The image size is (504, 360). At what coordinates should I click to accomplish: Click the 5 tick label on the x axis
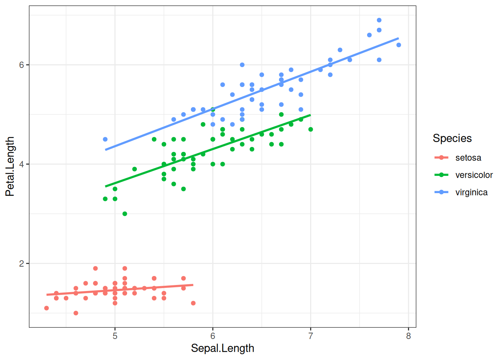click(115, 336)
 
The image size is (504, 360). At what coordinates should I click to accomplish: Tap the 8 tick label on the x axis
click(408, 336)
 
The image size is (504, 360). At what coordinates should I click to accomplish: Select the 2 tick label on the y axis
click(22, 264)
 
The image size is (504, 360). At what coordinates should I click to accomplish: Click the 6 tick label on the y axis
click(22, 65)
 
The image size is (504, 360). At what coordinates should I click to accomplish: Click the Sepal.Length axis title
click(222, 348)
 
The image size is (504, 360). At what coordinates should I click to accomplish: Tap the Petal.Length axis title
click(10, 166)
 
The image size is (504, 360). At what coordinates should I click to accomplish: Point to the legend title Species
click(452, 138)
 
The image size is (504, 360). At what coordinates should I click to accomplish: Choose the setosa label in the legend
click(468, 158)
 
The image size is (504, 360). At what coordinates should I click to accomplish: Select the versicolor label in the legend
click(474, 175)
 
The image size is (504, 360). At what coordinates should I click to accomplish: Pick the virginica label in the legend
click(471, 192)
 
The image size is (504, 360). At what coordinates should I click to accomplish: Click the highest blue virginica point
click(379, 20)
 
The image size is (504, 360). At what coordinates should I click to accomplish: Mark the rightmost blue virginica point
click(399, 45)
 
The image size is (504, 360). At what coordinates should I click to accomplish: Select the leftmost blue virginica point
click(105, 139)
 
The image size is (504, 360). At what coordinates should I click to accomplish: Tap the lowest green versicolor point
click(125, 214)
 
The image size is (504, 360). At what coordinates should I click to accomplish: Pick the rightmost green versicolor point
click(310, 129)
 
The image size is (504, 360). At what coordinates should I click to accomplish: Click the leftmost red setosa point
click(46, 308)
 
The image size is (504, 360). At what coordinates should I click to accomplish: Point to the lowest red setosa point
click(76, 313)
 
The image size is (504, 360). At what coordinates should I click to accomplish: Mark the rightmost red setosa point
click(193, 303)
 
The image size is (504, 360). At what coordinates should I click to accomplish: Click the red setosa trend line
click(120, 290)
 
